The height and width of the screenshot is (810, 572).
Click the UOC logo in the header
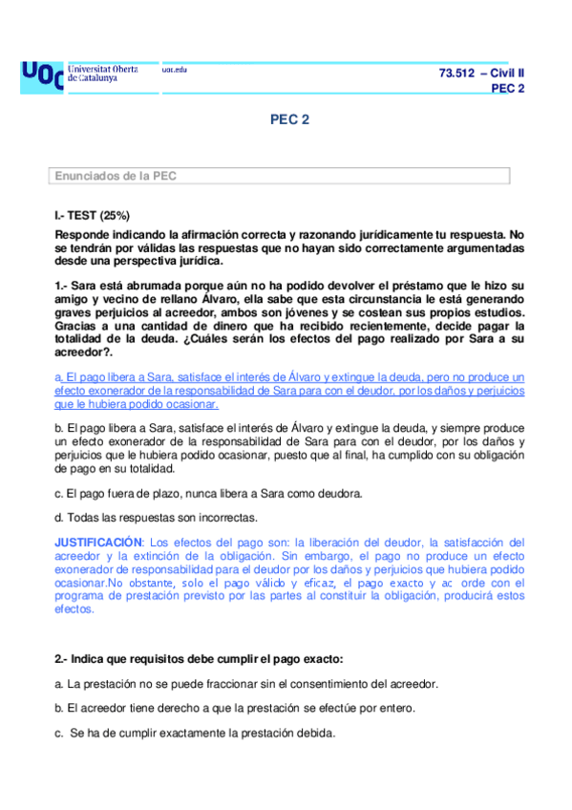(41, 75)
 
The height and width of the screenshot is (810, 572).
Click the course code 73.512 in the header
(455, 74)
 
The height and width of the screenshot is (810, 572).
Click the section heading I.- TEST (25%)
(93, 216)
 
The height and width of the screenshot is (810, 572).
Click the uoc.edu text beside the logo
(174, 70)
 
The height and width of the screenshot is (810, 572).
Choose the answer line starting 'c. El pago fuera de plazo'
(208, 493)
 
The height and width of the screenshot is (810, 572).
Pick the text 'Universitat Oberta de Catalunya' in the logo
(103, 74)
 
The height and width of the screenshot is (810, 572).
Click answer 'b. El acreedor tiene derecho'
(235, 708)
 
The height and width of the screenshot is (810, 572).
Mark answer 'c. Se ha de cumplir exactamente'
(197, 733)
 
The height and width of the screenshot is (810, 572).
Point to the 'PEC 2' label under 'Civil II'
(507, 89)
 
